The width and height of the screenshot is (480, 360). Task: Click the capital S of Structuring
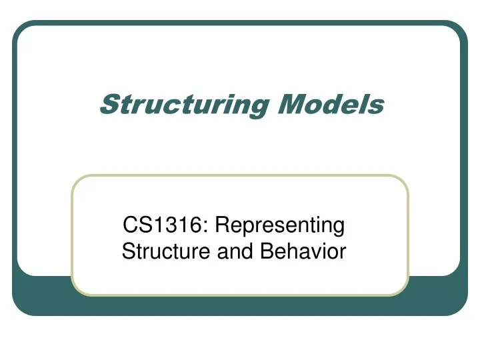(x=109, y=105)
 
